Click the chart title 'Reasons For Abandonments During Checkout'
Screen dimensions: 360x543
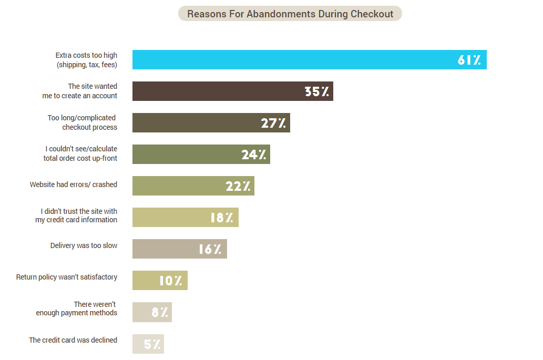290,14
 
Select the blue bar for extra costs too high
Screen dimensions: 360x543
294,59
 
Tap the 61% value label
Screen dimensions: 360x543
469,60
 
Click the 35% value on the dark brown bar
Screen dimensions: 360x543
317,91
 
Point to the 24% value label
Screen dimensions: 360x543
254,155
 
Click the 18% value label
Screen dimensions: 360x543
222,218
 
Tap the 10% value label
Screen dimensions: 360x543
170,281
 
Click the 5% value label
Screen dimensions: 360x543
152,344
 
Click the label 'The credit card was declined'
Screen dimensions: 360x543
73,340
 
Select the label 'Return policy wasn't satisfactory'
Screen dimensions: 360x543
67,277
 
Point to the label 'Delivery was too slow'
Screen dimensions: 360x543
84,245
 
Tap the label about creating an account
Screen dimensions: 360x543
80,91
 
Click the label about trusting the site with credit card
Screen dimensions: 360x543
76,215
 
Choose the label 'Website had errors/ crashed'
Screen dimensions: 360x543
74,184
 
